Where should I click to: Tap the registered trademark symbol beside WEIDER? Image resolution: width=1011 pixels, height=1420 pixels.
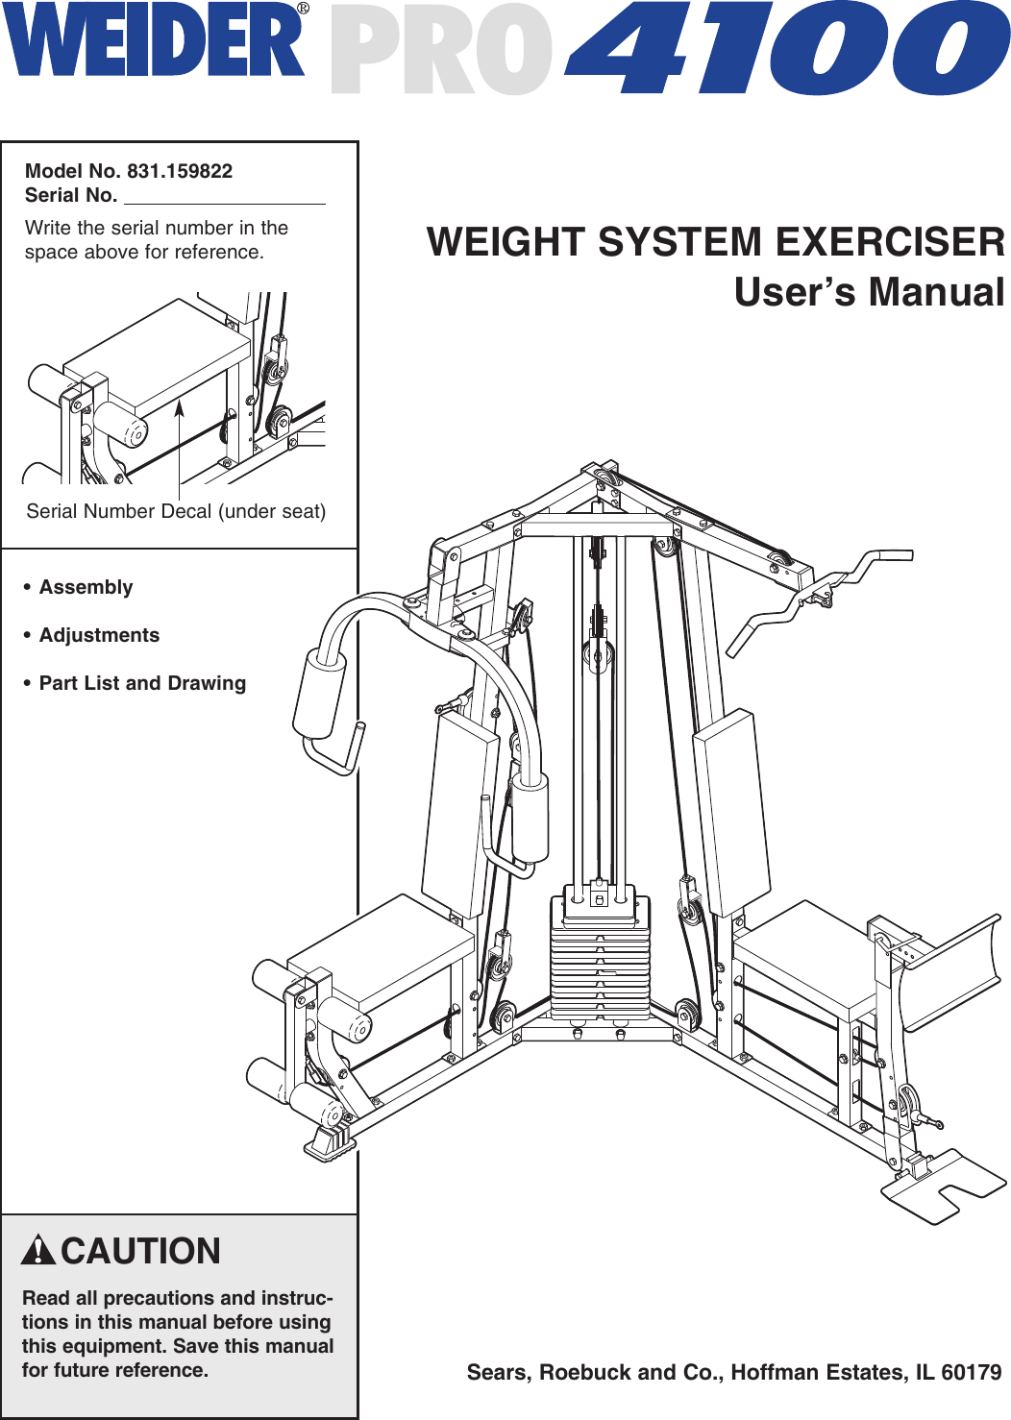[x=303, y=9]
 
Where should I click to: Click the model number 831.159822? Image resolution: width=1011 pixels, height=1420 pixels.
[x=180, y=171]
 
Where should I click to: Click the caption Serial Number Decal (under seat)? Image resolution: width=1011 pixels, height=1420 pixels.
[x=176, y=511]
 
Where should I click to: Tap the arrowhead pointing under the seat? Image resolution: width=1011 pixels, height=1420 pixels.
[x=179, y=407]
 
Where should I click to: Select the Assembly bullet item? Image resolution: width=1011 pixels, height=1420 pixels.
[x=86, y=587]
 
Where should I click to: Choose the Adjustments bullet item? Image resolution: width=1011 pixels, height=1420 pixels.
[x=99, y=635]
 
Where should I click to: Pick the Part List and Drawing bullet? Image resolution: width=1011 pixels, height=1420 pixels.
[x=142, y=683]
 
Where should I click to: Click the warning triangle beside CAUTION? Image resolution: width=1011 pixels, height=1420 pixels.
[x=37, y=1250]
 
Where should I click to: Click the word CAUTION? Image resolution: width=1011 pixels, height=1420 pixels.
[x=141, y=1251]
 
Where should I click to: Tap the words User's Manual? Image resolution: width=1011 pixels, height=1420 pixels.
[x=869, y=292]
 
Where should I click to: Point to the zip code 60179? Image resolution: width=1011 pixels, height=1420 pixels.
[x=972, y=1372]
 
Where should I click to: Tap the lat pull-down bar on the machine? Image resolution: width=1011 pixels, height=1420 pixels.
[x=817, y=596]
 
